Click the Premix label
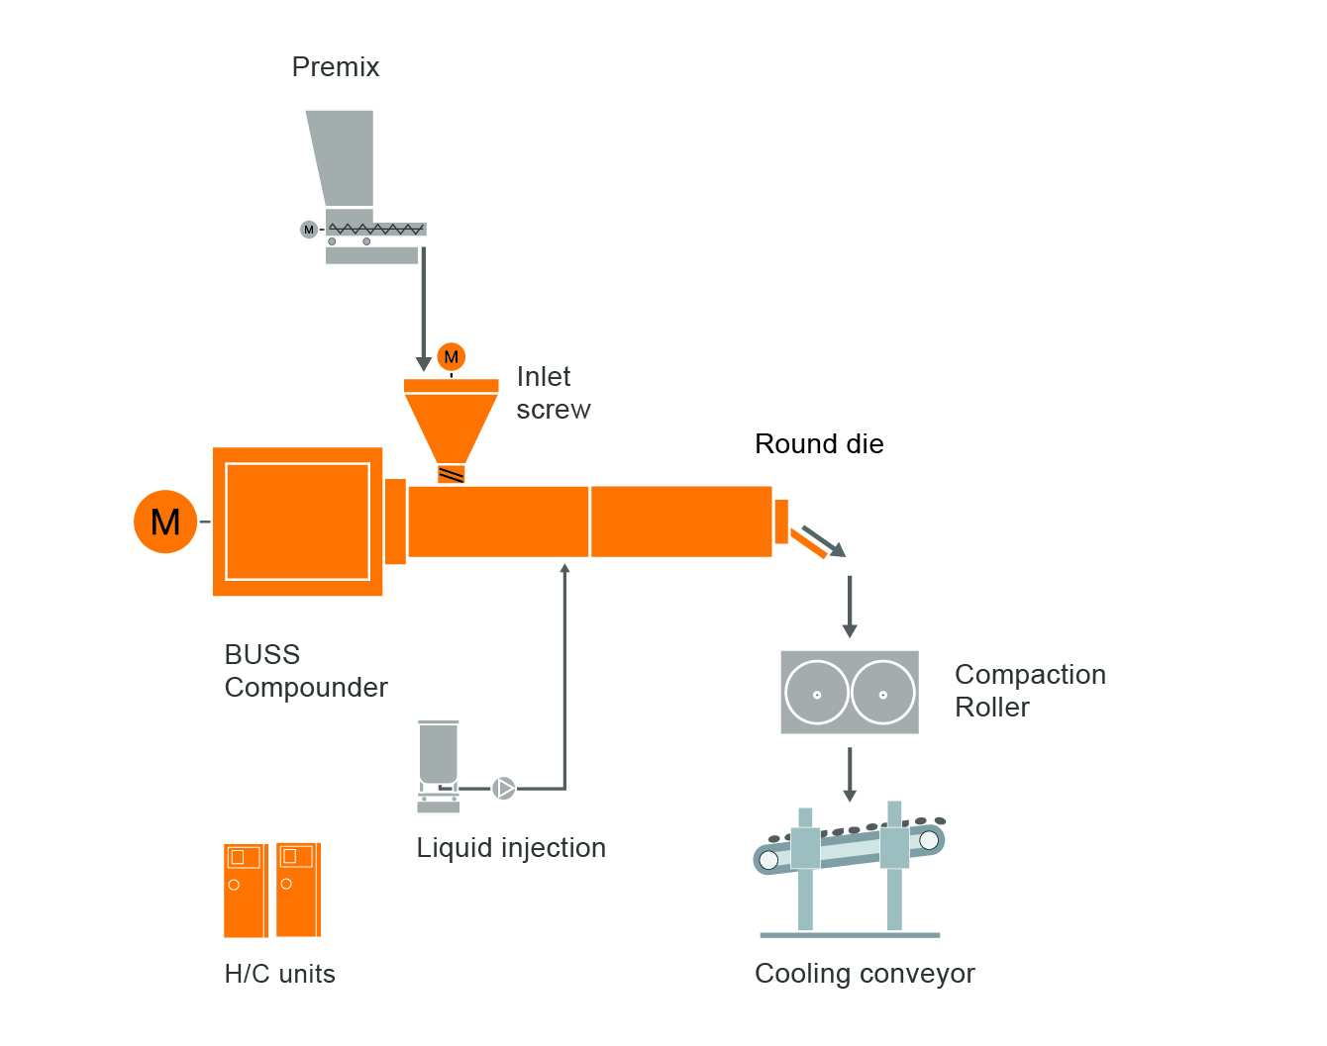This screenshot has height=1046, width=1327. click(336, 67)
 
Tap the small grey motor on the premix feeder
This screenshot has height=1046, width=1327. click(309, 230)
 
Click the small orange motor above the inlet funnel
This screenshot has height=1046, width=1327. click(452, 357)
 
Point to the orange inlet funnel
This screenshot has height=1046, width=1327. click(452, 421)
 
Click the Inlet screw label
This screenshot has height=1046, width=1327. click(553, 393)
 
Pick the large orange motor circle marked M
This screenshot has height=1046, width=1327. click(165, 522)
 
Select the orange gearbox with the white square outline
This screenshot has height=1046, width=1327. click(297, 522)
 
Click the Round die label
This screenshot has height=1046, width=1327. click(819, 444)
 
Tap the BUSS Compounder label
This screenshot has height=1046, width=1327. click(306, 671)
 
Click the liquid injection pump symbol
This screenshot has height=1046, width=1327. click(504, 789)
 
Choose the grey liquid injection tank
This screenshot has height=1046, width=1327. click(439, 754)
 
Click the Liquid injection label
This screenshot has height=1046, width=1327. click(511, 848)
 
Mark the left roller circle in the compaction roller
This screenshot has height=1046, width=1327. click(817, 693)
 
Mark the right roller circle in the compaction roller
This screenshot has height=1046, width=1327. click(883, 693)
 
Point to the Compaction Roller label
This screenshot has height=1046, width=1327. click(1030, 691)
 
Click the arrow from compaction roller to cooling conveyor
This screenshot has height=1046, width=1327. click(850, 774)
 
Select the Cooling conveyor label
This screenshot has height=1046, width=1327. click(865, 974)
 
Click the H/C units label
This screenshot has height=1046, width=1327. click(280, 975)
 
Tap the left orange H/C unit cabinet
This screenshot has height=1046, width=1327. click(246, 891)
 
